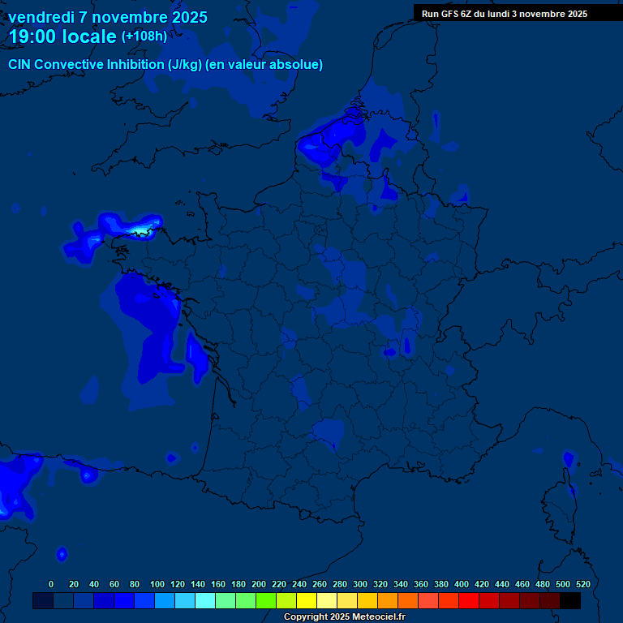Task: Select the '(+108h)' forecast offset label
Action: [x=144, y=37]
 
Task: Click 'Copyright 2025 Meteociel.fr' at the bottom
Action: [x=344, y=617]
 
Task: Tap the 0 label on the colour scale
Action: [x=51, y=584]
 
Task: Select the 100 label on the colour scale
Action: [x=157, y=584]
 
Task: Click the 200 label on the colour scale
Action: [x=259, y=584]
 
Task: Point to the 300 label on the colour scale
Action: [x=360, y=584]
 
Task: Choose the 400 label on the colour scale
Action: [x=462, y=584]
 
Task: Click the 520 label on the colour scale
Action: [x=582, y=584]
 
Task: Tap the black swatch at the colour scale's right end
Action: [x=570, y=600]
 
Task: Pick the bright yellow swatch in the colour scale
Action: [x=307, y=600]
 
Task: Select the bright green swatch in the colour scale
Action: [x=266, y=600]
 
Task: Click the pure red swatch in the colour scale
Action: [x=469, y=600]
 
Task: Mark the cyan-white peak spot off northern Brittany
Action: [x=142, y=231]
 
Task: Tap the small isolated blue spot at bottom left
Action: [x=62, y=554]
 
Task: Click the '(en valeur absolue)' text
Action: [x=265, y=65]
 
